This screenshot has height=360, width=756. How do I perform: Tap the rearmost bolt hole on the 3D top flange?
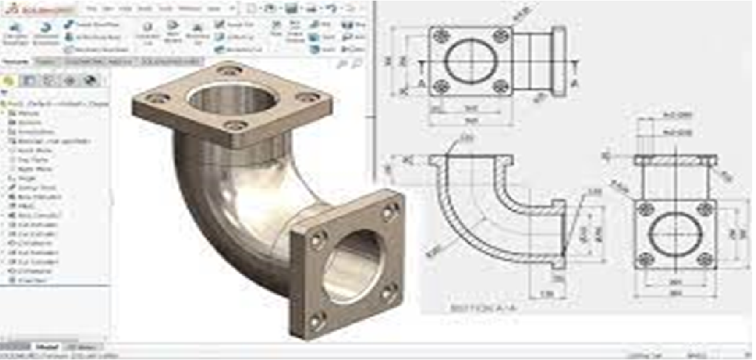pyautogui.click(x=228, y=69)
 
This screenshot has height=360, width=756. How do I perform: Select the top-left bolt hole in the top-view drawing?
pyautogui.click(x=440, y=36)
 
